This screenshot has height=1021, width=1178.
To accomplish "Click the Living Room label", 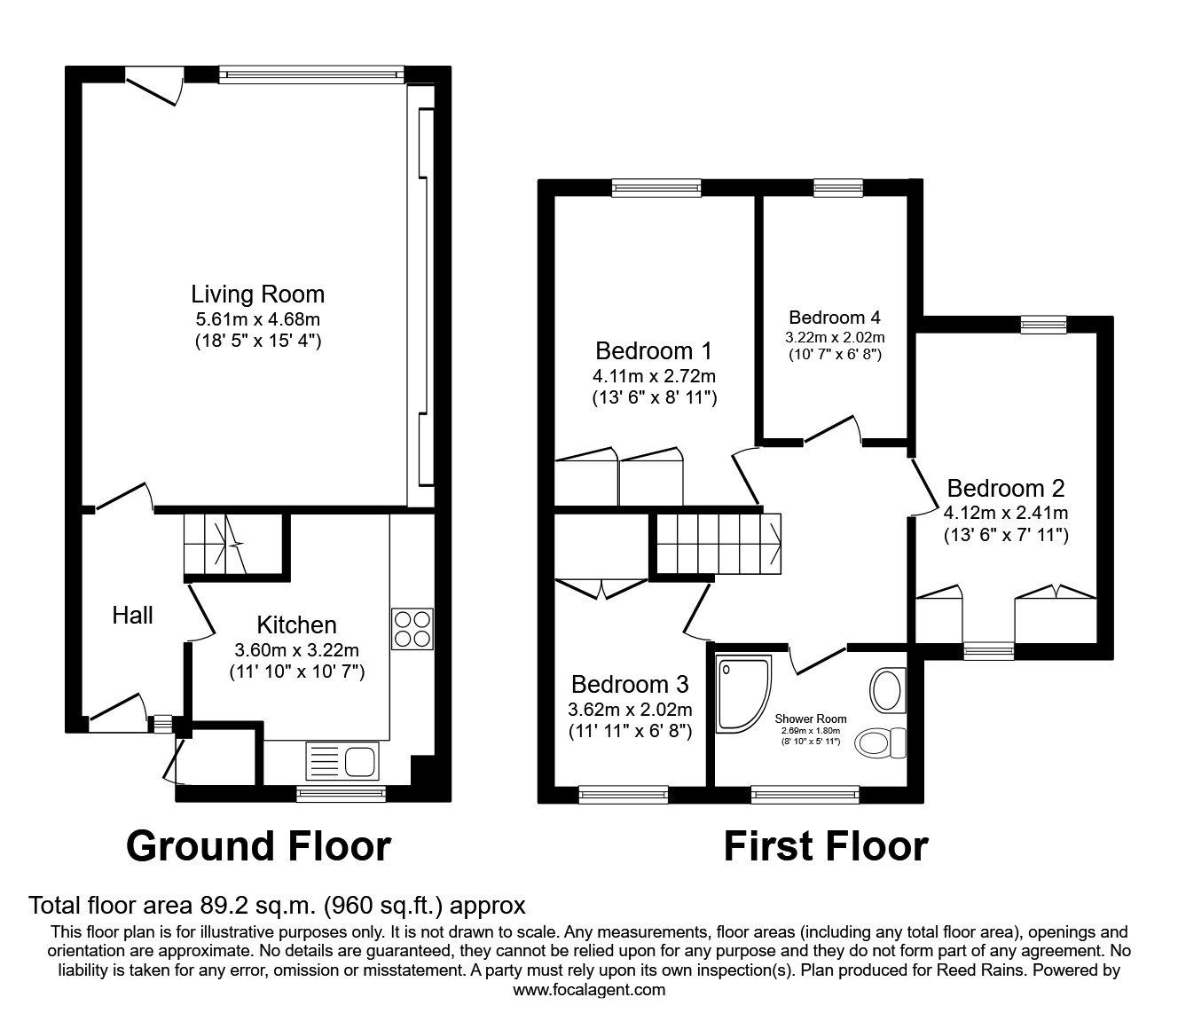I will [257, 294].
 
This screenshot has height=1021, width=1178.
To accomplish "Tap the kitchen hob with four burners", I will [412, 629].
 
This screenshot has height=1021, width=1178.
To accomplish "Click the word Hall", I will [132, 615].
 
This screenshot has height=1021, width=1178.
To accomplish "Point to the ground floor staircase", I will [215, 545].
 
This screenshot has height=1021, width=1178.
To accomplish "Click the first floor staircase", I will [719, 543].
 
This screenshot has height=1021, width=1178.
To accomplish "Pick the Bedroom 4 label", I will [834, 318].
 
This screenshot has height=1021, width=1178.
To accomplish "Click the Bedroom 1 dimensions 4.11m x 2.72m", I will [655, 375].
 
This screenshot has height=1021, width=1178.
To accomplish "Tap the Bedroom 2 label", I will [1005, 488].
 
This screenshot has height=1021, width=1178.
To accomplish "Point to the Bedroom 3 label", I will [630, 684].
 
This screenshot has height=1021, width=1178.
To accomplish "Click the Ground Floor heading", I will [258, 846].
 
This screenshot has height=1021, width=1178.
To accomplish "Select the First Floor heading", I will [825, 846].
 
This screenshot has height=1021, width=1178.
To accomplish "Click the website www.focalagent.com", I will [589, 990].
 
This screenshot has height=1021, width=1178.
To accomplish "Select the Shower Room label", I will [810, 719].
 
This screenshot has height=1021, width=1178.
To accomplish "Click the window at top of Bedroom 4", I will [837, 185].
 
